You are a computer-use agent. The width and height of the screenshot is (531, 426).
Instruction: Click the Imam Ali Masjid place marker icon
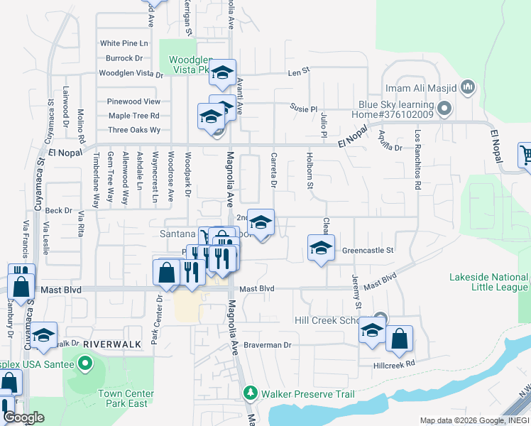click(x=467, y=88)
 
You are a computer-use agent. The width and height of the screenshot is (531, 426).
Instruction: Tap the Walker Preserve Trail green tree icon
click(x=250, y=393)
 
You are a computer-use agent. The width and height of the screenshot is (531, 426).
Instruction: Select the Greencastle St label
click(x=367, y=251)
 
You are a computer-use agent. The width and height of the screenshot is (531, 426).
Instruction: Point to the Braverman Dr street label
click(x=268, y=345)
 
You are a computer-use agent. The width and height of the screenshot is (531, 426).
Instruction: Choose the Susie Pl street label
click(x=303, y=108)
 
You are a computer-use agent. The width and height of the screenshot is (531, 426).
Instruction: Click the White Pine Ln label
click(x=124, y=43)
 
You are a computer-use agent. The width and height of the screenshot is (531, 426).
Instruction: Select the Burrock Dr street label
click(x=124, y=58)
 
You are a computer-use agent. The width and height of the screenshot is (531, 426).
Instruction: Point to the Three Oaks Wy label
click(x=134, y=130)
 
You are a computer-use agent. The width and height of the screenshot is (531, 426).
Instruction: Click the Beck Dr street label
click(x=58, y=211)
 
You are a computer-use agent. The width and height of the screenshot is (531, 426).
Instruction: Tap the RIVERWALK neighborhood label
click(x=106, y=344)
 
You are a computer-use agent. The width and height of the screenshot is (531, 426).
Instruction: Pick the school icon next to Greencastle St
click(x=321, y=248)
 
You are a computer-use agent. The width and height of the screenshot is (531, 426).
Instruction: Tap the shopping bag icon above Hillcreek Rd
click(x=400, y=340)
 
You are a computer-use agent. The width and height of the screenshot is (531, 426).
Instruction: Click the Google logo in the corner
click(x=23, y=417)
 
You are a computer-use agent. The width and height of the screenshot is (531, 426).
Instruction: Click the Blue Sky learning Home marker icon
click(x=444, y=109)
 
